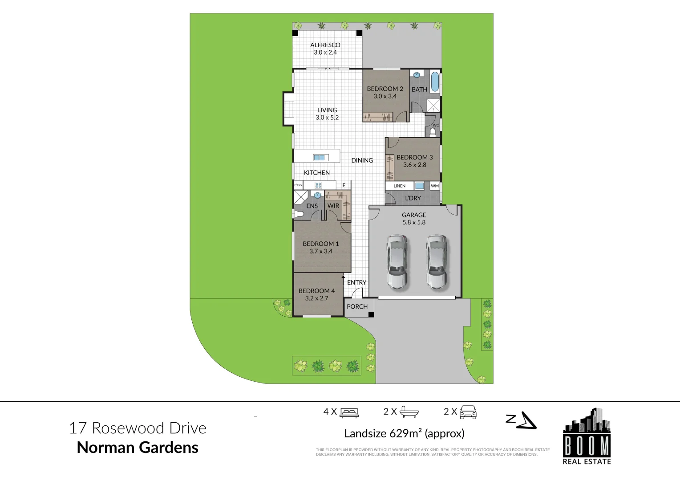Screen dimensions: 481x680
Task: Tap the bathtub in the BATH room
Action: [435, 82]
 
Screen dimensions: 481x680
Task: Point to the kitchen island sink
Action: [320, 157]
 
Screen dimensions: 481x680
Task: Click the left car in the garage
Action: [397, 261]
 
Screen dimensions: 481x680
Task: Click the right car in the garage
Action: [436, 261]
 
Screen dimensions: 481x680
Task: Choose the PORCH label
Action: [357, 306]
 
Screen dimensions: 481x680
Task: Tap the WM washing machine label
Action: [435, 186]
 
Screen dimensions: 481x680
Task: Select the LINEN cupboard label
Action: [399, 186]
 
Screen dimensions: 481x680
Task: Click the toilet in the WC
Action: [433, 132]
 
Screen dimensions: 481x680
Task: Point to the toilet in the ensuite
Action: [299, 214]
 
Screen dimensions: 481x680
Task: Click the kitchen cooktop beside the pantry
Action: [318, 185]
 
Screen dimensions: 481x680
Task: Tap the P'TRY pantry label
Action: [298, 185]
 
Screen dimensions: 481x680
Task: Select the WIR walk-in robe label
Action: [333, 206]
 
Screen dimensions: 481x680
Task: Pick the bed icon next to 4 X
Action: [349, 412]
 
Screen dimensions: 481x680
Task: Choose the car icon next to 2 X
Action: [468, 412]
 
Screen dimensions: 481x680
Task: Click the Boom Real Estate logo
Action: [587, 436]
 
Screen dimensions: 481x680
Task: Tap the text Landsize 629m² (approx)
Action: [404, 433]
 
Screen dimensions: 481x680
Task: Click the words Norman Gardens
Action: [138, 447]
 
